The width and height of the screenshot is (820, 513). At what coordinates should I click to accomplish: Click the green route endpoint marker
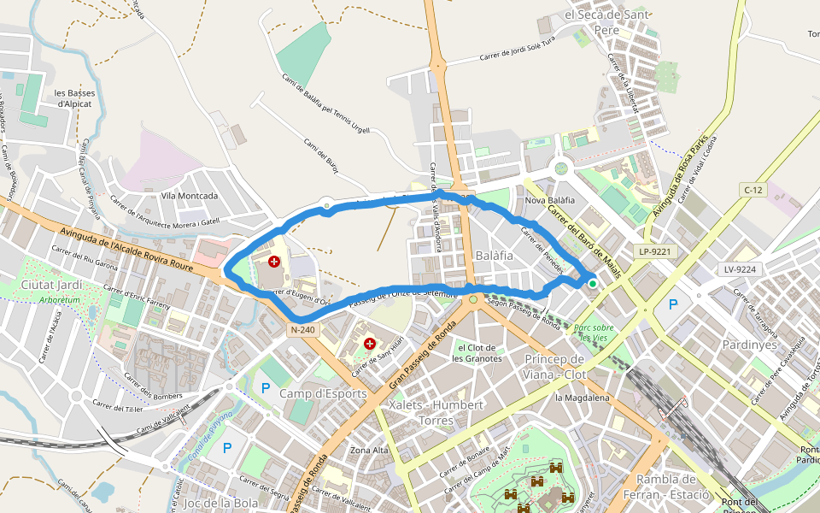coord(592,283)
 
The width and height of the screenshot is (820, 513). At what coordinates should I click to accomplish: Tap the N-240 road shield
coord(302,329)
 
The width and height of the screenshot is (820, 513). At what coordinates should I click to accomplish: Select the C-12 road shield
coord(752,190)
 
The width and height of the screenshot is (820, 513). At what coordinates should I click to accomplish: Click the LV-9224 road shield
coord(740,268)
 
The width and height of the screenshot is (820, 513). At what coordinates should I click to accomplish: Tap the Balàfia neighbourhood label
coord(495,256)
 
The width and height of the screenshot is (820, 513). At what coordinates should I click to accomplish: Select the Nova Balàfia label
coord(550,200)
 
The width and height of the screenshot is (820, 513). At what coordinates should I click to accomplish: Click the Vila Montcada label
coord(190,196)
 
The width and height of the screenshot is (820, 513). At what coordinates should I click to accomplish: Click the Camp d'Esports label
coord(324,393)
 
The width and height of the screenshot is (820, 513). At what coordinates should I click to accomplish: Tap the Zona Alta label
coord(370,450)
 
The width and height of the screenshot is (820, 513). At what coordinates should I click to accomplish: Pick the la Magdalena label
coord(583,398)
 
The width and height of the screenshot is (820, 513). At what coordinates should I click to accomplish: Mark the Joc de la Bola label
coord(221,503)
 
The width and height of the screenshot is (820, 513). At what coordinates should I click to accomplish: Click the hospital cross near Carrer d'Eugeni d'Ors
coord(274,262)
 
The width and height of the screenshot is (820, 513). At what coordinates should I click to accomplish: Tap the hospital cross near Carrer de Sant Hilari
coord(370,344)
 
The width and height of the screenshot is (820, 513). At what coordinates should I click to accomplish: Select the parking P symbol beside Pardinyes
coord(673,304)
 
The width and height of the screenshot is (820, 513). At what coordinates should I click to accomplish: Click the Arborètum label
coord(58,300)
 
